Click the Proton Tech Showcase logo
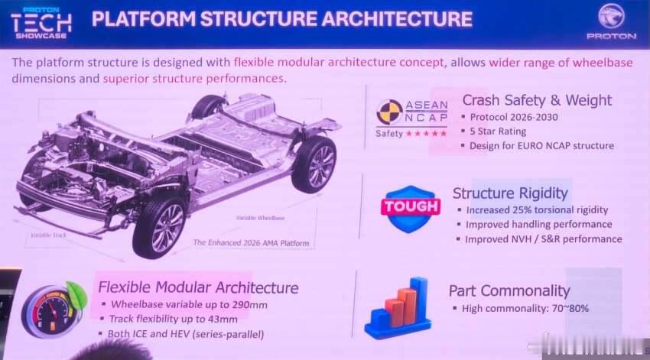[x=41, y=23]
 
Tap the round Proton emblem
[x=611, y=17]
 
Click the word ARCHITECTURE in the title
[x=397, y=19]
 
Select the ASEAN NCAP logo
[x=411, y=118]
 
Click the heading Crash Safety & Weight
[x=537, y=100]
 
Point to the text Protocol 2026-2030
[x=514, y=117]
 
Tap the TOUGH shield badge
[x=411, y=209]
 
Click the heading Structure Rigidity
[x=510, y=193]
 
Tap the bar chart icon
[x=397, y=308]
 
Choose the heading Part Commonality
[x=509, y=290]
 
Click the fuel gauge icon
[x=54, y=310]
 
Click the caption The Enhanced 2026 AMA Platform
[x=252, y=243]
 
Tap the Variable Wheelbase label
[x=260, y=218]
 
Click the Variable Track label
[x=48, y=235]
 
